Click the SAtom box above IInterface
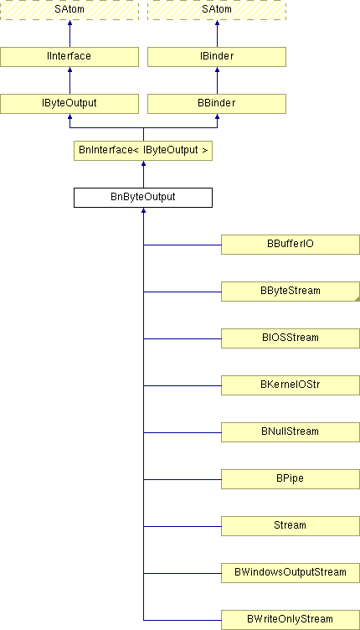(x=69, y=10)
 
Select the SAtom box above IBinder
(x=217, y=10)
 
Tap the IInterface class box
(x=69, y=57)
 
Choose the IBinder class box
(x=217, y=57)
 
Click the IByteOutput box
(x=69, y=104)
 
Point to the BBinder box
(x=217, y=104)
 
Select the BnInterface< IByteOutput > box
(x=143, y=151)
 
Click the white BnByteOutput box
(x=143, y=198)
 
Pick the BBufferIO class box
(x=291, y=245)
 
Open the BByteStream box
(x=291, y=292)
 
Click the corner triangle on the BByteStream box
(x=357, y=298)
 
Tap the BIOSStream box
(x=291, y=338)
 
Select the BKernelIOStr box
(x=291, y=385)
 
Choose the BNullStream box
(x=291, y=432)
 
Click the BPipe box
(x=291, y=479)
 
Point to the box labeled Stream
(x=291, y=526)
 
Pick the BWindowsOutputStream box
(x=291, y=573)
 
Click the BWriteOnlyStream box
(x=291, y=620)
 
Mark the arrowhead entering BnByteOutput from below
(x=143, y=210)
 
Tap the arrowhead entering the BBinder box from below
(x=217, y=116)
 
